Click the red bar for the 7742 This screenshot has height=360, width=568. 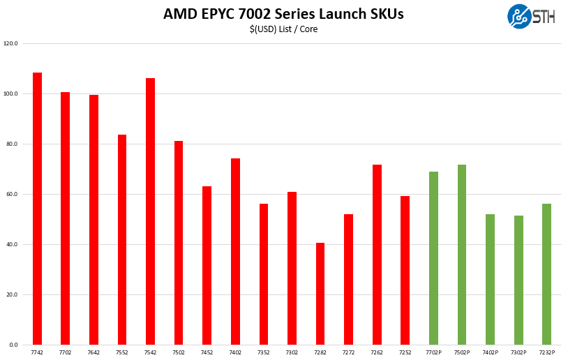tap(37, 209)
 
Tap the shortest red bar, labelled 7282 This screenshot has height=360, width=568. tap(320, 294)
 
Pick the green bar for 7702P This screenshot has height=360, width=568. tap(433, 258)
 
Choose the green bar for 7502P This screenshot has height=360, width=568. tap(462, 255)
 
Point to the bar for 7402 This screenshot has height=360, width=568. tap(235, 251)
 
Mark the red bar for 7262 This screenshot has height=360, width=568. tap(377, 255)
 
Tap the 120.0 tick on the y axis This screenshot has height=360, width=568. tap(10, 43)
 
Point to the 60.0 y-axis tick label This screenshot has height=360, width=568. tap(12, 194)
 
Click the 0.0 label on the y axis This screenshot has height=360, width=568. tap(13, 345)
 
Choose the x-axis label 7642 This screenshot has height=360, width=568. tap(94, 353)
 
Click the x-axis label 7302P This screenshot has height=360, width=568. tap(518, 353)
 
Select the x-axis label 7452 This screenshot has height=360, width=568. tap(207, 353)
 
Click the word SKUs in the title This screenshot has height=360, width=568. tap(383, 14)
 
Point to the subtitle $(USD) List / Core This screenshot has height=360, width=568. tap(283, 29)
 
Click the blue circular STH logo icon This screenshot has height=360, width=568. tap(519, 17)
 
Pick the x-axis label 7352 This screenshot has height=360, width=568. tap(263, 353)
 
